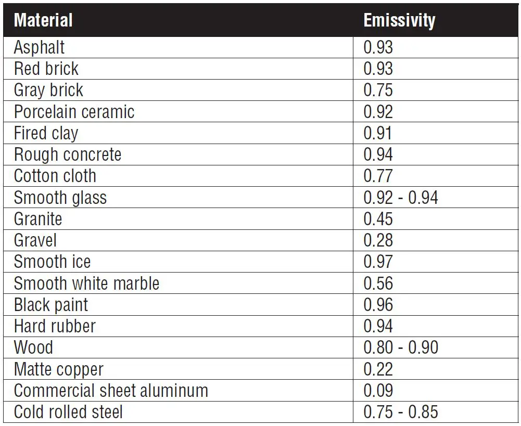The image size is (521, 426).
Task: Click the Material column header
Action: point(43,20)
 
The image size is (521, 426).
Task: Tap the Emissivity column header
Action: point(399,20)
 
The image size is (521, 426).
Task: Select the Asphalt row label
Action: point(40,47)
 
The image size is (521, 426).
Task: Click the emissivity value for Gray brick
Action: point(378,90)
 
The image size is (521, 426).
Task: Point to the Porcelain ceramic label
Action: point(74,112)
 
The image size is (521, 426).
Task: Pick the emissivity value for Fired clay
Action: point(378,133)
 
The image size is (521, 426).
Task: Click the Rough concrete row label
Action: point(68,154)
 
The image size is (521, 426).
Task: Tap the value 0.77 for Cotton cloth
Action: point(378,176)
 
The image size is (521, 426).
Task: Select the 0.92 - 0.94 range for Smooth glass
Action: point(401,198)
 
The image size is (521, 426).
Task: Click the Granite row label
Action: point(38,219)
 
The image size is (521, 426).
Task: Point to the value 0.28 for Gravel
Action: point(378,240)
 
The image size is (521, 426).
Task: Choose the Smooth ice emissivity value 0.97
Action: point(378,262)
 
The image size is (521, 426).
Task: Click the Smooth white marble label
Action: point(86,283)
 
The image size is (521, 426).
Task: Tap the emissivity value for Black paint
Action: point(378,305)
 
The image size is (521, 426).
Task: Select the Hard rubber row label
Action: point(55,326)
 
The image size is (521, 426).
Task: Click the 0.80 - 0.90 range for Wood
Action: point(401,347)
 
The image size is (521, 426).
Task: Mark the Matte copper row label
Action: point(59,369)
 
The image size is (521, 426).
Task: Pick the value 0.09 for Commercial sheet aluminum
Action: point(378,391)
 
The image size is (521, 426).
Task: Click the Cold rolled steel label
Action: point(68,412)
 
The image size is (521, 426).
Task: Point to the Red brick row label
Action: point(46,69)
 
